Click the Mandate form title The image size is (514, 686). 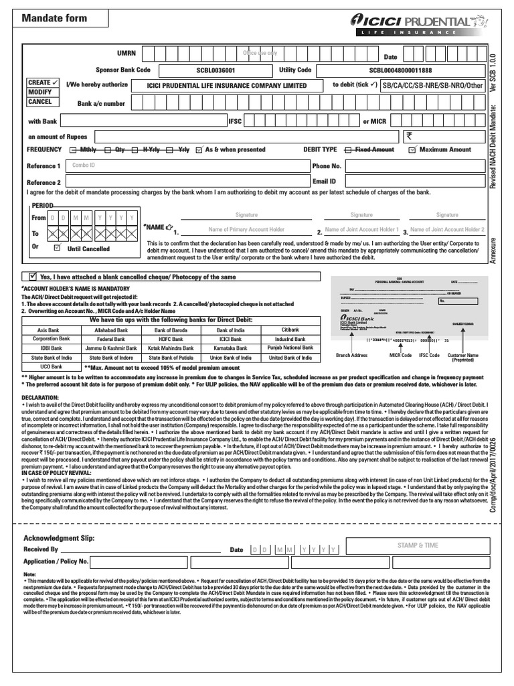[x=55, y=18]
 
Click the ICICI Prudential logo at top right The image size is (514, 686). [x=421, y=25]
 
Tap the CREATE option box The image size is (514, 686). [x=42, y=82]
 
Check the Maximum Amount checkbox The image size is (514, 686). [x=412, y=150]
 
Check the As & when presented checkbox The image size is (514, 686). [x=199, y=150]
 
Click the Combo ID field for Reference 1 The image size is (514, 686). [x=187, y=165]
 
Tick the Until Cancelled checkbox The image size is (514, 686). [x=56, y=248]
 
